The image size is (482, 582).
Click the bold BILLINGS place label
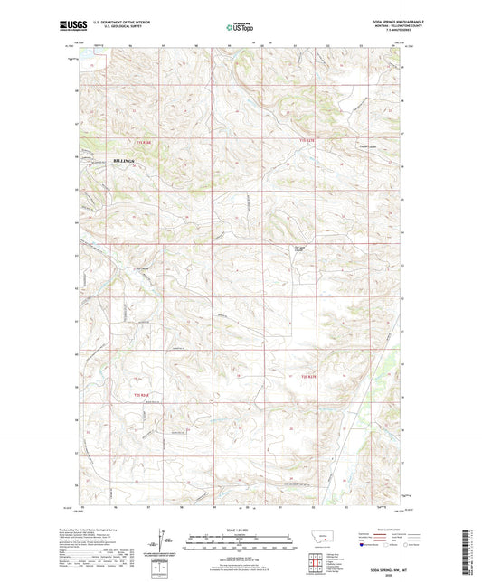click(124, 160)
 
